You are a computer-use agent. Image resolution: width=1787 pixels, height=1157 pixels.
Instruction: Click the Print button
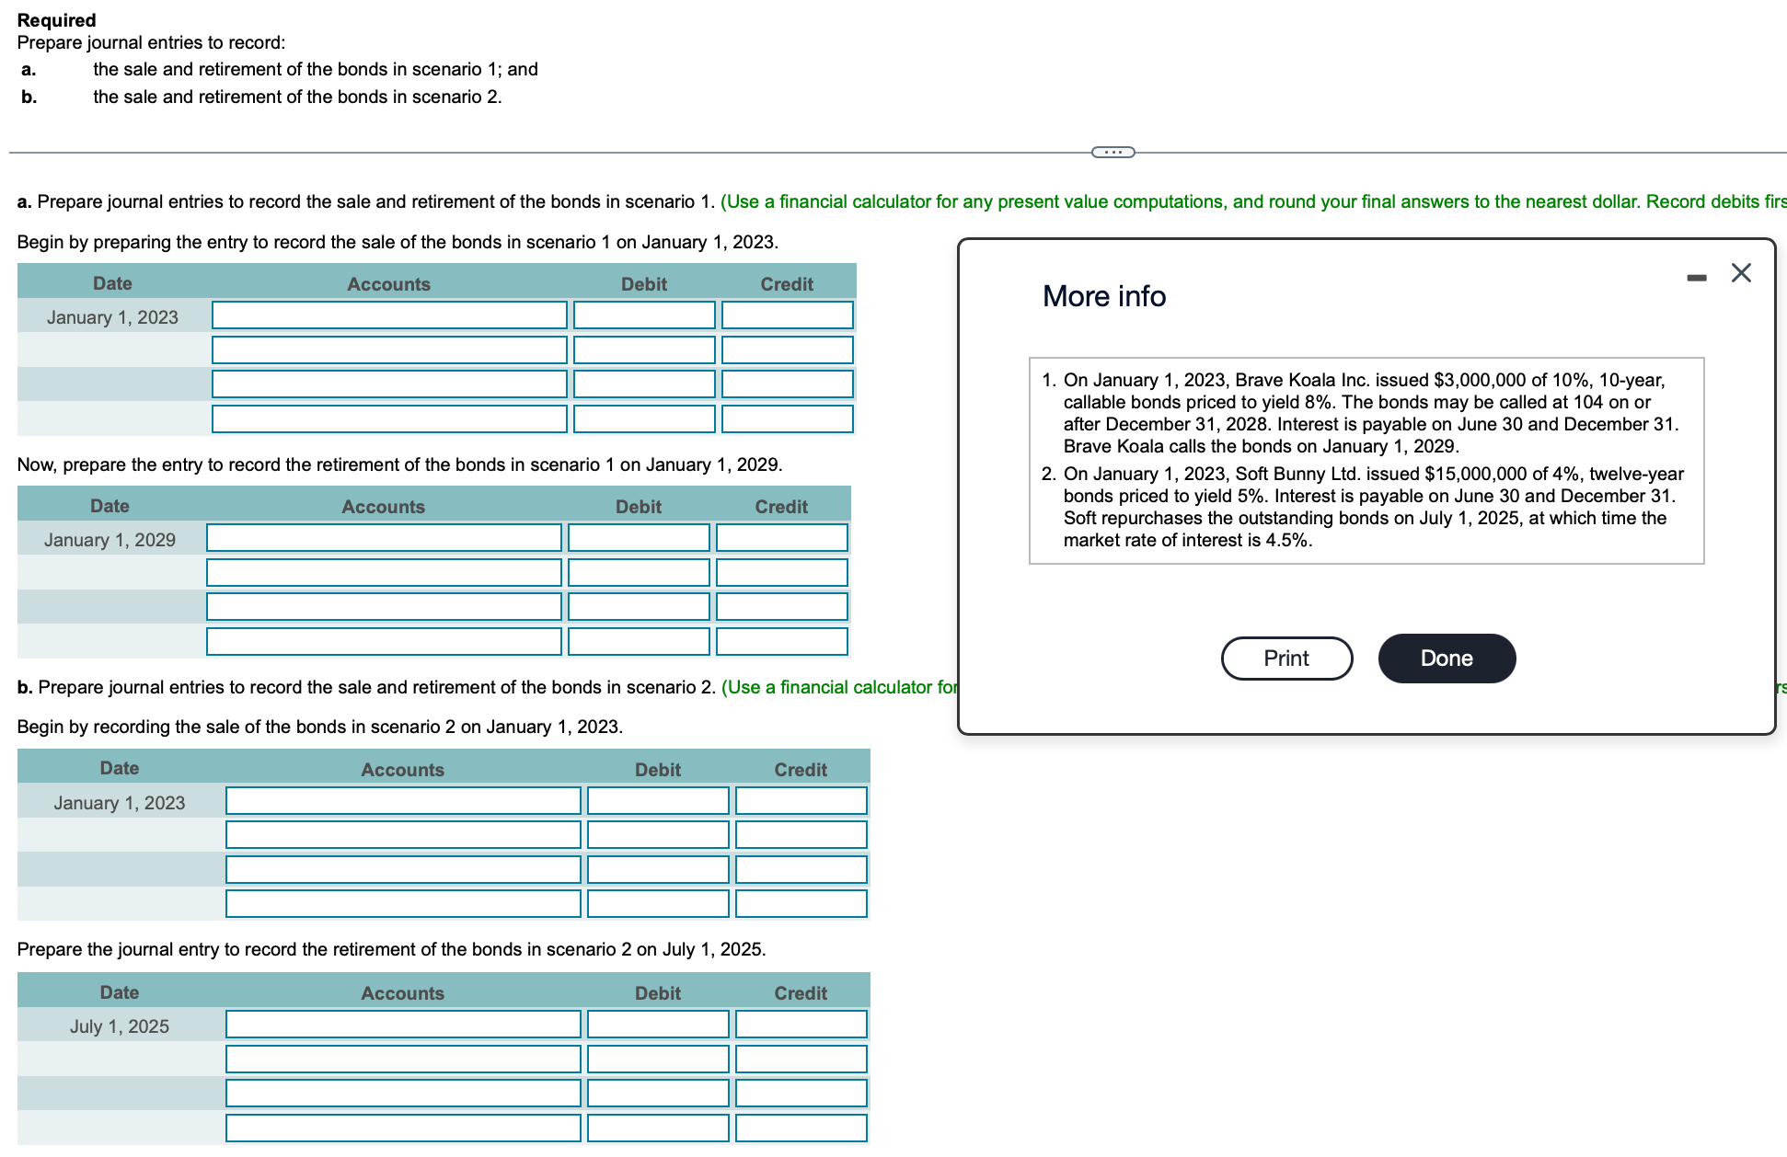point(1286,659)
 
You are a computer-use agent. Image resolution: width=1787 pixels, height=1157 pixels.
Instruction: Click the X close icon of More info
point(1740,273)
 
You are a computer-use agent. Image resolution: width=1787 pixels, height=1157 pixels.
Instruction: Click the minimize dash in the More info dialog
point(1696,277)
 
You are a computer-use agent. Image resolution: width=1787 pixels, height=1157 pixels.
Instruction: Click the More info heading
point(1103,296)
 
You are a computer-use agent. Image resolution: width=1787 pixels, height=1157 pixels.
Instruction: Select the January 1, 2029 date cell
point(110,540)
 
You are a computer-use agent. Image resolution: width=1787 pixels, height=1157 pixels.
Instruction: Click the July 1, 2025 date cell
point(120,1026)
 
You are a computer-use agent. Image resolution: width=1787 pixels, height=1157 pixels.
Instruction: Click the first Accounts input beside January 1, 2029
point(384,538)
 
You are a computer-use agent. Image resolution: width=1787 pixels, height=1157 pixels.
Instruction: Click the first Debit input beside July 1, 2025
point(658,1025)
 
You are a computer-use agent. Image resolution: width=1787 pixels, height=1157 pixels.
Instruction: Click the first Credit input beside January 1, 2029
point(781,538)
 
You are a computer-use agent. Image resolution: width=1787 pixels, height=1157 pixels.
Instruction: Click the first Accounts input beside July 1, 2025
point(403,1025)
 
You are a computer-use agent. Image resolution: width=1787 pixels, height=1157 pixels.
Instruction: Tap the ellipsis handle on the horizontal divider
point(1113,152)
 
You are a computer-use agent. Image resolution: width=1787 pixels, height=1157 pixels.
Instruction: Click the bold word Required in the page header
point(56,20)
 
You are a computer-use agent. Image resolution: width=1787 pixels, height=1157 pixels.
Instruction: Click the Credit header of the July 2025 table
point(800,993)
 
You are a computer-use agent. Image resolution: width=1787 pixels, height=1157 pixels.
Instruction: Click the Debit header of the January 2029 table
point(638,507)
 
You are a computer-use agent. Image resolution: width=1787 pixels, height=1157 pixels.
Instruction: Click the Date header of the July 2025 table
point(120,992)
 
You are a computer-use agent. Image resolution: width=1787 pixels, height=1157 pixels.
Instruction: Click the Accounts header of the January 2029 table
point(383,507)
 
